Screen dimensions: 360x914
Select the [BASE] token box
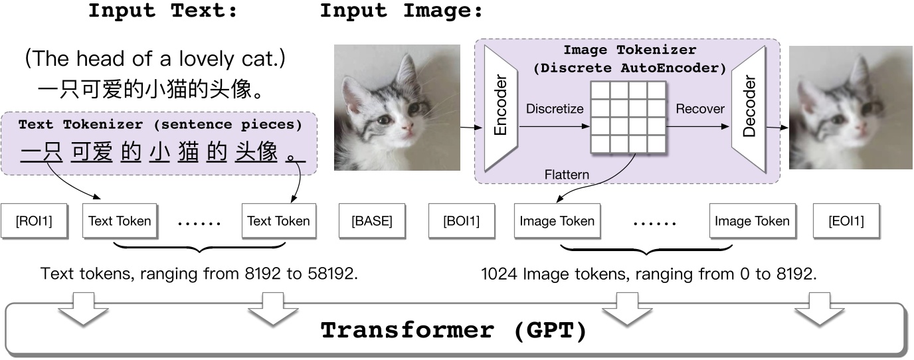click(x=371, y=221)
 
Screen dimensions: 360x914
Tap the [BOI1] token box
click(x=461, y=221)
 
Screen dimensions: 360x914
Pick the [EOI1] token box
click(x=846, y=221)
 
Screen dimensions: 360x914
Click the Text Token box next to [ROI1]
click(x=120, y=221)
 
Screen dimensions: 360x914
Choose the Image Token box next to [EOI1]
click(x=752, y=221)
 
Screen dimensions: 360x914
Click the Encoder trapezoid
click(x=500, y=108)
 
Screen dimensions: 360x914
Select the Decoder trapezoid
click(x=749, y=108)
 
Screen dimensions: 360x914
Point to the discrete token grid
click(x=628, y=117)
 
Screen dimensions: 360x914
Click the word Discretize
click(x=554, y=108)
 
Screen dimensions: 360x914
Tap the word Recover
click(x=700, y=108)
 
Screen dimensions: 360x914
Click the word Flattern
click(x=567, y=175)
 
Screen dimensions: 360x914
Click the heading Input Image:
click(x=402, y=11)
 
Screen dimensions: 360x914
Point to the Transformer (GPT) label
click(x=454, y=330)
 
